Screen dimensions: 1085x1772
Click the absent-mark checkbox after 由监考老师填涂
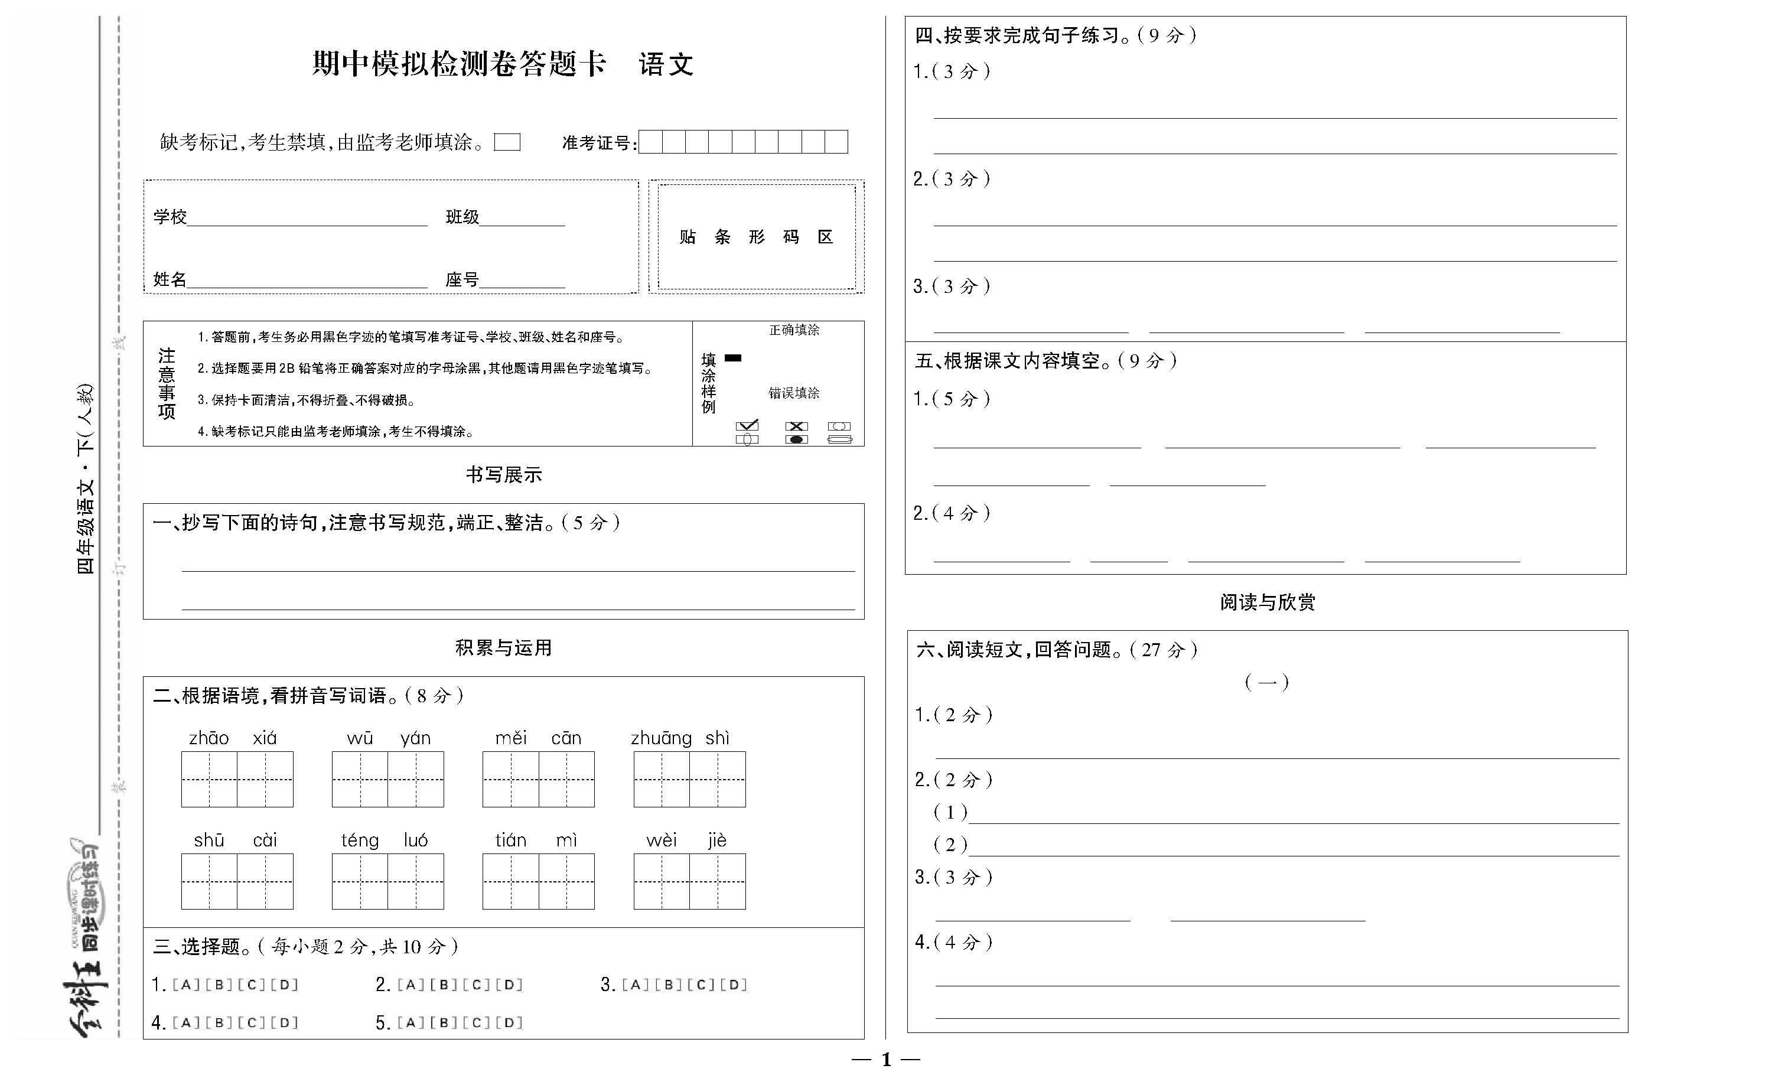[507, 142]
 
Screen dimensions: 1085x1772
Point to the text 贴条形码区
[756, 237]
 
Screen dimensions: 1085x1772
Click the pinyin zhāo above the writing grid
[209, 738]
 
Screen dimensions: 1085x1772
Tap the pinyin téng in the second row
[360, 840]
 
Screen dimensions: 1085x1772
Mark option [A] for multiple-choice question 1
[185, 985]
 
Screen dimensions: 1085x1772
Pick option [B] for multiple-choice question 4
[219, 1022]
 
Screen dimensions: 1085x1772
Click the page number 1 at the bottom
[886, 1059]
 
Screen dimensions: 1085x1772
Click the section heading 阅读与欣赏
[1267, 602]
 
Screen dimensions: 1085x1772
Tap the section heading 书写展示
[503, 474]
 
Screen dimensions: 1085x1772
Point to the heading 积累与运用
[503, 648]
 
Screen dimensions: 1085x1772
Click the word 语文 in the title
[666, 65]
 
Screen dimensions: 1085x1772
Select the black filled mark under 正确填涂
[733, 357]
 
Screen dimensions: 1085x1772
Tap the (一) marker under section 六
[1266, 682]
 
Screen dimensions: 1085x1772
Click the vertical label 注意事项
[167, 383]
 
